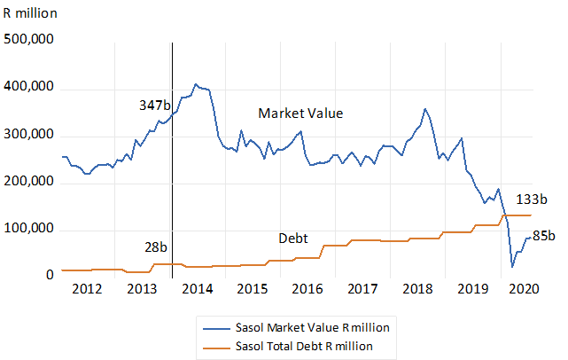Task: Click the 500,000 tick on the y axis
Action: coord(28,39)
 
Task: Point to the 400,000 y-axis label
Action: coord(28,87)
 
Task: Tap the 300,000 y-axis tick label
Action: coord(28,134)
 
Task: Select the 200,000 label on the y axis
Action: coord(28,181)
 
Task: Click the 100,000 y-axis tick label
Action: coord(28,229)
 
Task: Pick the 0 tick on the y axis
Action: coord(50,275)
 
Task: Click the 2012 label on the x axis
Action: coord(87,289)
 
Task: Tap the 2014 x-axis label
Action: coord(198,289)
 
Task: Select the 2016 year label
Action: coord(307,289)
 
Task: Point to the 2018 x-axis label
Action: coord(417,289)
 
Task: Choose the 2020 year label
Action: coord(524,289)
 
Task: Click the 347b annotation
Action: coord(155,106)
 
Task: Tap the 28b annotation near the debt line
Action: coord(156,247)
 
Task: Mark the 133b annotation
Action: coord(532,200)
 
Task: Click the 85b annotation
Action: coord(544,236)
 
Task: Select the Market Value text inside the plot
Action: coord(300,113)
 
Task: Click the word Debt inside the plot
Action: coord(293,239)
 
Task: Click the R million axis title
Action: coord(30,13)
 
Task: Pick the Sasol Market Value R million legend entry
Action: coord(296,328)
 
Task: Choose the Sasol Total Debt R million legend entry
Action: coord(288,347)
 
